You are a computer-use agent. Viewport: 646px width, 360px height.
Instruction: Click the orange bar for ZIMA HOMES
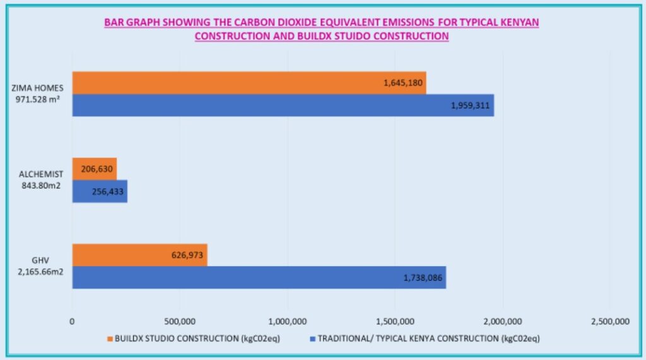tap(249, 83)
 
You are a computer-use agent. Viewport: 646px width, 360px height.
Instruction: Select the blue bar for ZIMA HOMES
tap(283, 105)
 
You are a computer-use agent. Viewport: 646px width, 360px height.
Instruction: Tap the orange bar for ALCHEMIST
tap(95, 169)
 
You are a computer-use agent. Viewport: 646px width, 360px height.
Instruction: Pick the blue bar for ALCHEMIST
tap(100, 191)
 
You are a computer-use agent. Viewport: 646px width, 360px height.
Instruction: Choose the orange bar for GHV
tap(140, 255)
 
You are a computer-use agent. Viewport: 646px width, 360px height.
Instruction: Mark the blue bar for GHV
tap(259, 277)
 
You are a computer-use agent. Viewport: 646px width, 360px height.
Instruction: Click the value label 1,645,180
tap(403, 83)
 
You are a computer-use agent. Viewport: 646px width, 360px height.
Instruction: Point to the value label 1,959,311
tap(470, 105)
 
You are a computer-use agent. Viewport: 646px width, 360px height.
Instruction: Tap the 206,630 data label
tap(97, 169)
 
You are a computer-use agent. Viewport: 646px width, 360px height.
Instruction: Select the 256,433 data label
tap(107, 192)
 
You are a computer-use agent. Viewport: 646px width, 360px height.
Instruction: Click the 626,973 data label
tap(187, 255)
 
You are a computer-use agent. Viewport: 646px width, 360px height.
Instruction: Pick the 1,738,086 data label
tap(423, 278)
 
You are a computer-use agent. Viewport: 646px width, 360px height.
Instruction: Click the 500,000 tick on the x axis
tap(180, 322)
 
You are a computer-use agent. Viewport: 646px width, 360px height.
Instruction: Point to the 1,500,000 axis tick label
tap(395, 322)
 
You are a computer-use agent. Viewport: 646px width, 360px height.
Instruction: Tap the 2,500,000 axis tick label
tap(610, 322)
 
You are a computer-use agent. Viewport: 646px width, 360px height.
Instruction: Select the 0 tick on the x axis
tap(72, 322)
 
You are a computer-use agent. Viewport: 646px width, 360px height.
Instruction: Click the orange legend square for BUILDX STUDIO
tap(110, 339)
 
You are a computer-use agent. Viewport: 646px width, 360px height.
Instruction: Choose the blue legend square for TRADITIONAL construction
tap(313, 339)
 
